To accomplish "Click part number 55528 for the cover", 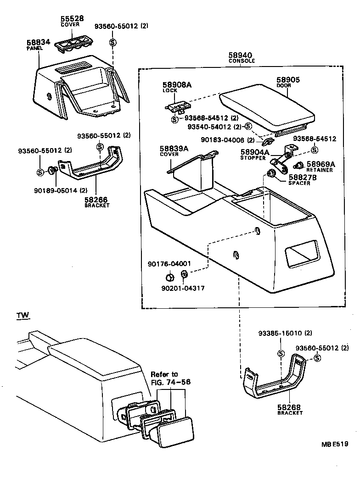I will (72, 19).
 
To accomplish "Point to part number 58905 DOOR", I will (288, 80).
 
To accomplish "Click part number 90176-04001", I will (169, 264).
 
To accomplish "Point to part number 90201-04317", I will (182, 288).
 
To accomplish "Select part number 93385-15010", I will (278, 333).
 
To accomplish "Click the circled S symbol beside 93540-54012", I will (248, 127).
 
